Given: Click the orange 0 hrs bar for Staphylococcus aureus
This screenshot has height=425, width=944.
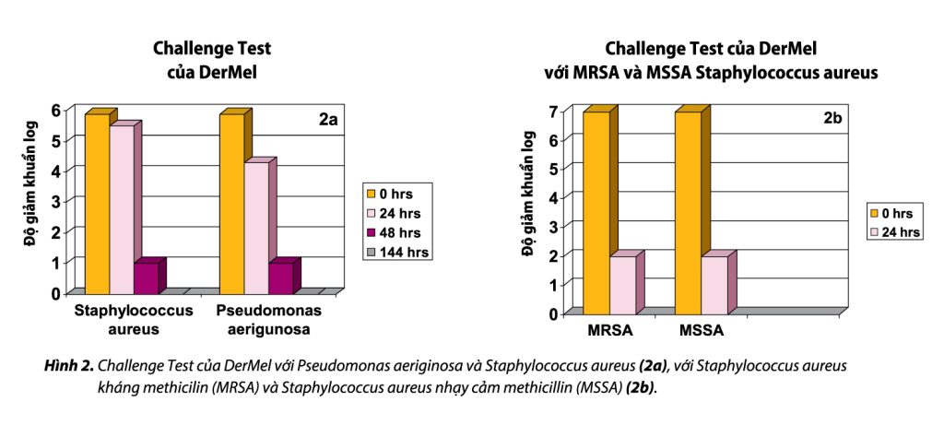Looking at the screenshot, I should (x=97, y=203).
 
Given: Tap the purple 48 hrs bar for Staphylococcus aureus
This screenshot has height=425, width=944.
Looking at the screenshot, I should (x=146, y=277).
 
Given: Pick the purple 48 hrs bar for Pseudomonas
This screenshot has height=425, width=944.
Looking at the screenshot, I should (x=281, y=277).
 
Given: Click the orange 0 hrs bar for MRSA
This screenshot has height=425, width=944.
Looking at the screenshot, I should (x=596, y=212).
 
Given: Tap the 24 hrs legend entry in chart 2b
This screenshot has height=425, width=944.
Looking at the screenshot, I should (x=894, y=232).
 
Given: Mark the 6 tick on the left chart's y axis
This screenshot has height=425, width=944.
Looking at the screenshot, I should (x=56, y=110).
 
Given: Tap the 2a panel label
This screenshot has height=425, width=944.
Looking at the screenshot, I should (x=329, y=120).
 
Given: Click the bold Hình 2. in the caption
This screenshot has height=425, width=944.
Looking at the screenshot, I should (x=69, y=366).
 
